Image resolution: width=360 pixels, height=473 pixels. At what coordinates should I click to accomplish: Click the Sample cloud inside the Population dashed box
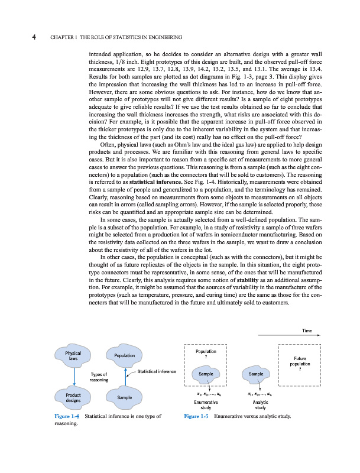pyautogui.click(x=206, y=374)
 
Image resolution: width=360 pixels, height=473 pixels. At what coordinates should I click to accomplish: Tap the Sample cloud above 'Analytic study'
pyautogui.click(x=256, y=374)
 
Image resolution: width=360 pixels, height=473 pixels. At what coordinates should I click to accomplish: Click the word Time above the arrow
pyautogui.click(x=307, y=331)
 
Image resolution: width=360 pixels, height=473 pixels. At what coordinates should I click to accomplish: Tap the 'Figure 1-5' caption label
pyautogui.click(x=196, y=417)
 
